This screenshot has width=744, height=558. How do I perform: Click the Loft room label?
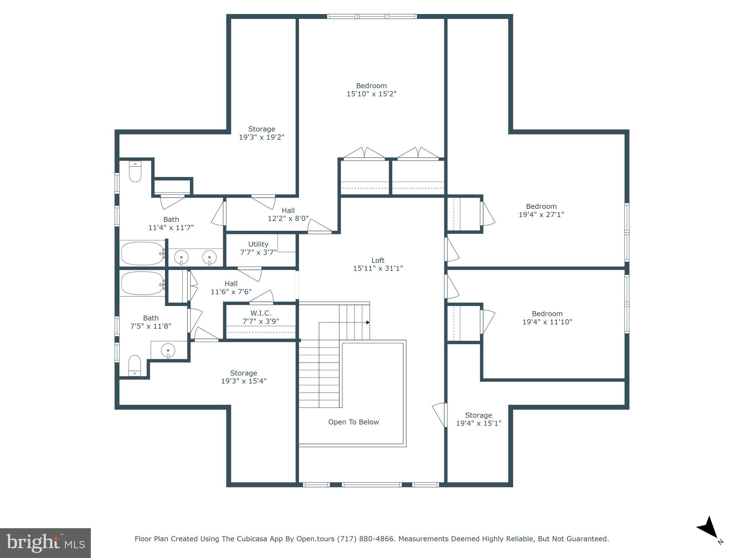point(378,260)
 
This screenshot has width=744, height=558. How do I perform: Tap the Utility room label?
point(258,244)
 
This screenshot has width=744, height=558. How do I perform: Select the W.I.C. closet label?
point(260,313)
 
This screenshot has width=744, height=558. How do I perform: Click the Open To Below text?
point(353,422)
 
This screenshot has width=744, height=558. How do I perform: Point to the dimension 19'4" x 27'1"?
point(541,214)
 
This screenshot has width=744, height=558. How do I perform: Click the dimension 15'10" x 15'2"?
point(371,94)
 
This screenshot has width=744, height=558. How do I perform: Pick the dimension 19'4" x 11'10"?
point(547,322)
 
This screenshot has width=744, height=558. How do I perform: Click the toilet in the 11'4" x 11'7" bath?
point(135,171)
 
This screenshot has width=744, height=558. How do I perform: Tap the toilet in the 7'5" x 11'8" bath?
point(135,365)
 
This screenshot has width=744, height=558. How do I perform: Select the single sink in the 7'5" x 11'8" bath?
point(168,351)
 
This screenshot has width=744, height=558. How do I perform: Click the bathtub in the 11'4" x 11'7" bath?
point(142,253)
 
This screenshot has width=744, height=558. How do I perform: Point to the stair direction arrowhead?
point(368,322)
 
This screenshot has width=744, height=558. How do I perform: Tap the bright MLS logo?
point(45,543)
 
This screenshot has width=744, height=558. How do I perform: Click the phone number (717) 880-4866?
point(365,539)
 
